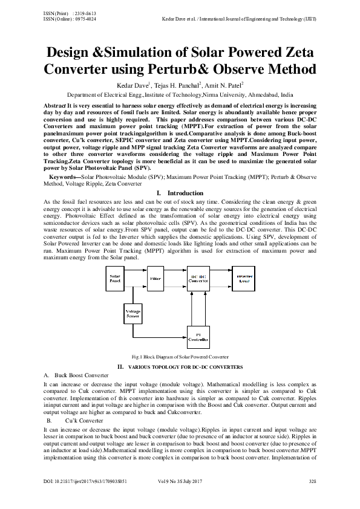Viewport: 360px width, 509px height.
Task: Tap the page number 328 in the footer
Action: tap(313, 498)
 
